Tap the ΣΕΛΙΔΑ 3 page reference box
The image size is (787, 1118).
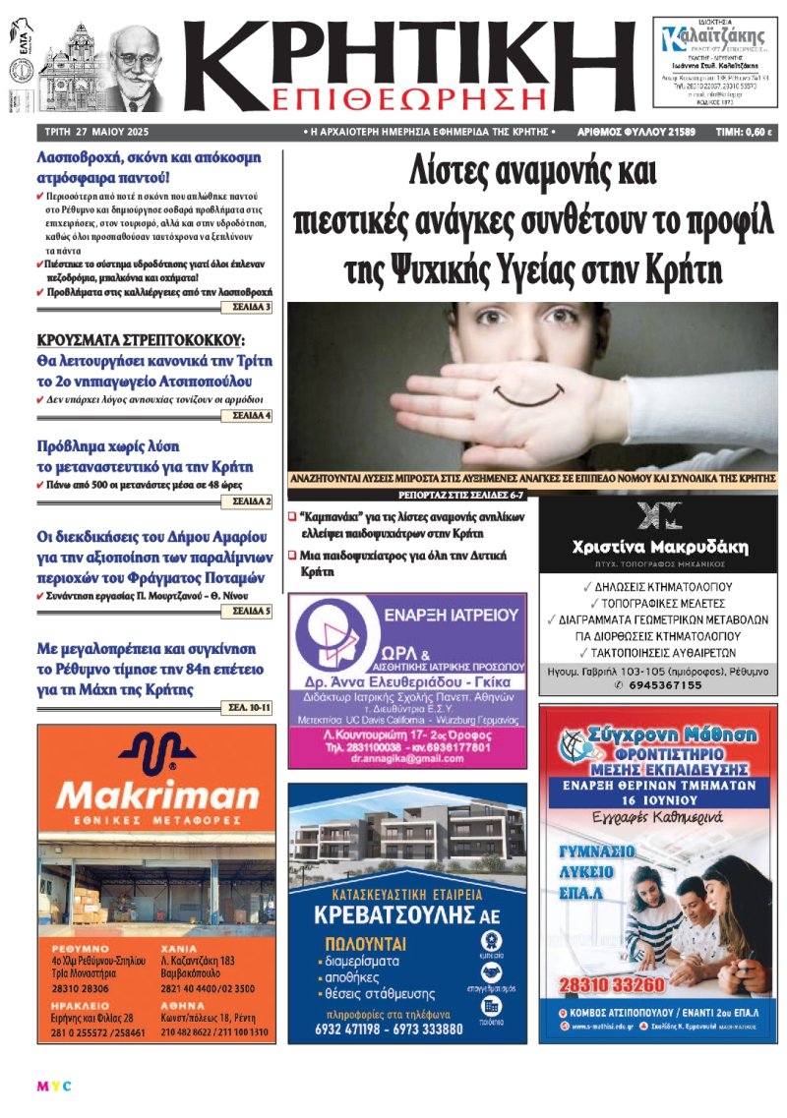click(x=252, y=308)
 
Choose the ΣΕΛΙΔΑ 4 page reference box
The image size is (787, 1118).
click(x=252, y=416)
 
